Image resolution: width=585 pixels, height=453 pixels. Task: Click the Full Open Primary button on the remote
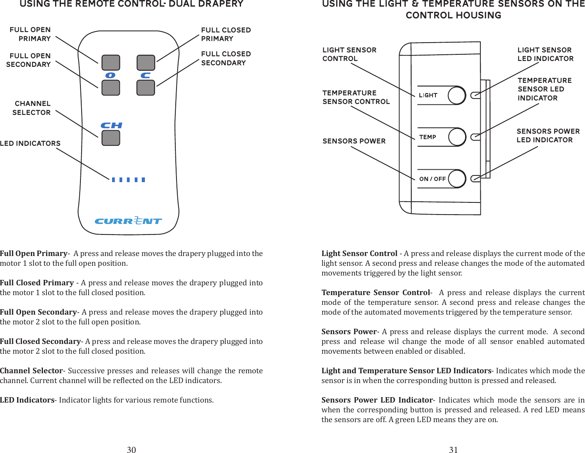pos(111,63)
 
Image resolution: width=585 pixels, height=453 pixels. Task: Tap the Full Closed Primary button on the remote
pos(146,63)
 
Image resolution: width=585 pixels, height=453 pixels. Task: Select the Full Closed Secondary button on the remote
pos(146,88)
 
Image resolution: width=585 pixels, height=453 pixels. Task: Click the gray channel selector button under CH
pos(111,138)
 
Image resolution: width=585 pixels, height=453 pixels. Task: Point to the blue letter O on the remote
pos(111,75)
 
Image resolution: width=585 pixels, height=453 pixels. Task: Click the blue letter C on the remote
pos(146,75)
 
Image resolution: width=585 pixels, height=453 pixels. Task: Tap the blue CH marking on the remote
pos(111,125)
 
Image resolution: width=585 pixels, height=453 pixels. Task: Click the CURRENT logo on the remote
pos(128,221)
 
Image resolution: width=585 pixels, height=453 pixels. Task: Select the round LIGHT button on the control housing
pos(457,95)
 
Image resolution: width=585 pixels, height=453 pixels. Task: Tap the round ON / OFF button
pos(457,179)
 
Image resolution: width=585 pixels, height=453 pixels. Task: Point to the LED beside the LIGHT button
pos(475,95)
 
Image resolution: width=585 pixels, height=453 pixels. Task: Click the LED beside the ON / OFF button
pos(475,179)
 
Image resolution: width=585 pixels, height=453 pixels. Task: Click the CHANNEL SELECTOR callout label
pos(32,108)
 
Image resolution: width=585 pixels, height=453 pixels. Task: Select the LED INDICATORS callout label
pos(30,143)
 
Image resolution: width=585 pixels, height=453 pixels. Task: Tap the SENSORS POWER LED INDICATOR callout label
pos(548,136)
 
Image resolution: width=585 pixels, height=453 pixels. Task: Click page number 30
pos(131,449)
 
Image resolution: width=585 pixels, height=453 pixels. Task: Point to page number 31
pos(453,449)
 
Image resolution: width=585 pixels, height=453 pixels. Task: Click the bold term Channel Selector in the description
pos(31,371)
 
